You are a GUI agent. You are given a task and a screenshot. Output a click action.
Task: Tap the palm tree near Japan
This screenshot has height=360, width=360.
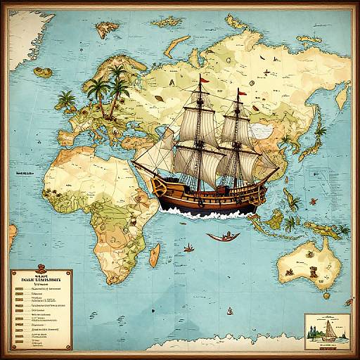[x=320, y=130]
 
